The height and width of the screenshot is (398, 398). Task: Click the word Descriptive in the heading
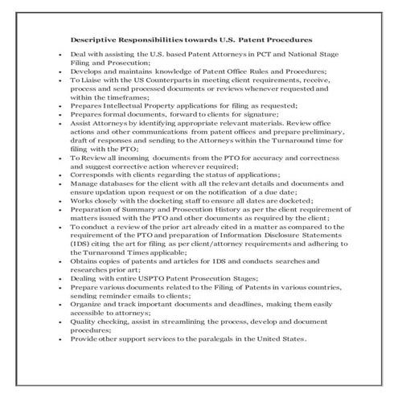[91, 38]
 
